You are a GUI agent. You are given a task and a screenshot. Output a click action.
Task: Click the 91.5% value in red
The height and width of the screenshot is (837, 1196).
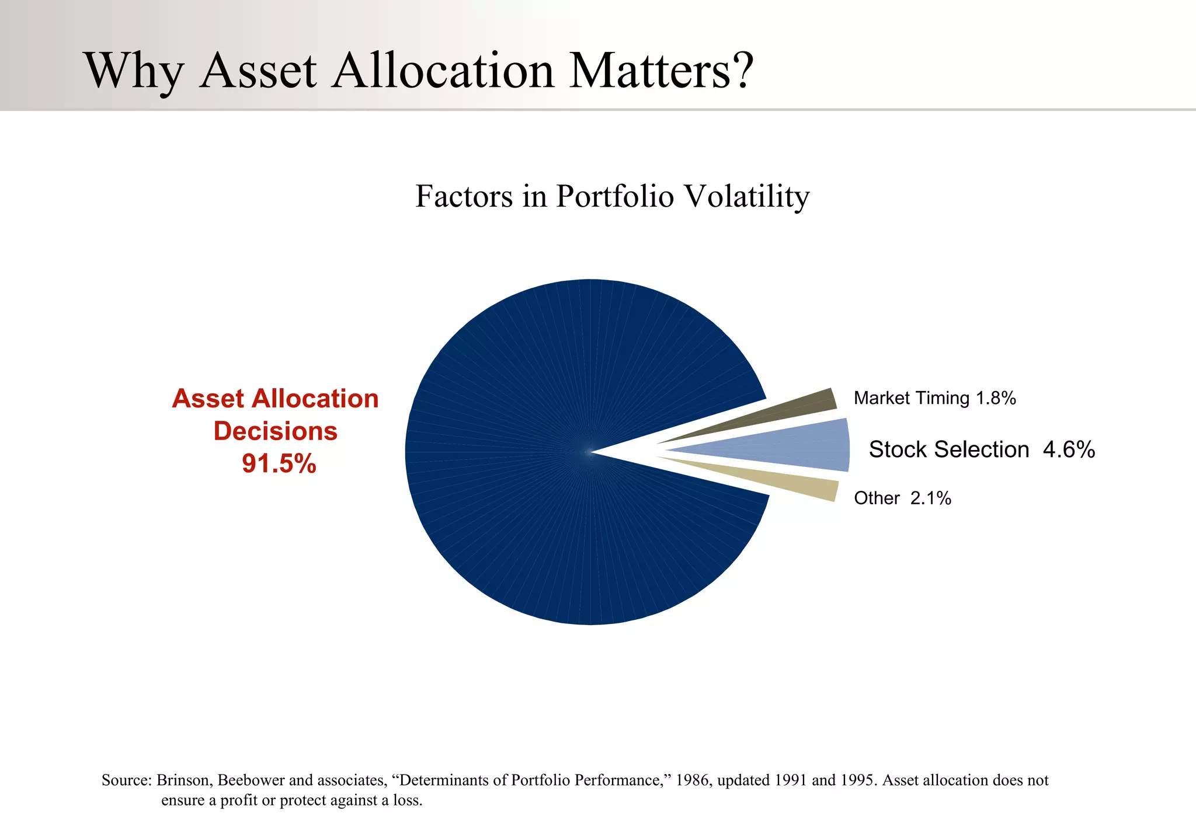click(x=279, y=464)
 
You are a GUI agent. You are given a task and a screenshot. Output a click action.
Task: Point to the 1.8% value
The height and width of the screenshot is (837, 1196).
click(x=996, y=399)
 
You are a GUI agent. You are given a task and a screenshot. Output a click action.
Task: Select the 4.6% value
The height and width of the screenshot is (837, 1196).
click(x=1069, y=450)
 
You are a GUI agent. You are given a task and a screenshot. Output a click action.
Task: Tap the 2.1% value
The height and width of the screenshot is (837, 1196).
click(x=931, y=498)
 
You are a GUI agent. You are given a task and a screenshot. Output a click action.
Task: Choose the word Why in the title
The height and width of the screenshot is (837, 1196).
click(x=133, y=71)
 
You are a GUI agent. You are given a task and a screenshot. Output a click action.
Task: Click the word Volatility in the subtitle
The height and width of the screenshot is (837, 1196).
click(x=746, y=196)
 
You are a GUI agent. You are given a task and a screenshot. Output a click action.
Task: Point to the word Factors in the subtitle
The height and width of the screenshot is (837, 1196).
click(x=464, y=196)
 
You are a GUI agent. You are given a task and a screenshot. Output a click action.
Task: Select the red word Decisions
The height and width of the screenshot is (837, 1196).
click(x=275, y=431)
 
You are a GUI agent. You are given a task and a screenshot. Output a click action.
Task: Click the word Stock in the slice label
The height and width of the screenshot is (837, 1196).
click(x=893, y=450)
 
